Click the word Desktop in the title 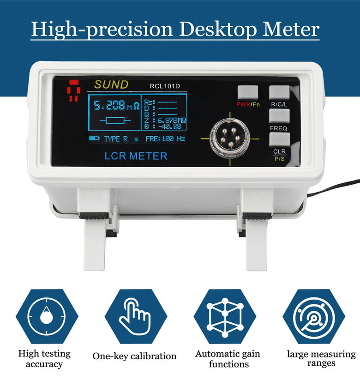(x=218, y=30)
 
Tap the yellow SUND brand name (x=111, y=85)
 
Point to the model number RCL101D (x=165, y=86)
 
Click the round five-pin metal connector (x=229, y=138)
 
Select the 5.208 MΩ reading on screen (x=117, y=105)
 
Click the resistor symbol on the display (x=115, y=121)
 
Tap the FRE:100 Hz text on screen (x=165, y=139)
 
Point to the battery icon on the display (x=94, y=138)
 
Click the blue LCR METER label (x=136, y=156)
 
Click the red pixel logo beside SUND (x=73, y=90)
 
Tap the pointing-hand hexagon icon (x=136, y=316)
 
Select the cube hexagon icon (x=225, y=316)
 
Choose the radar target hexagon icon (x=314, y=316)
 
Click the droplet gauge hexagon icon (x=47, y=316)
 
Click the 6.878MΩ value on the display (x=172, y=120)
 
